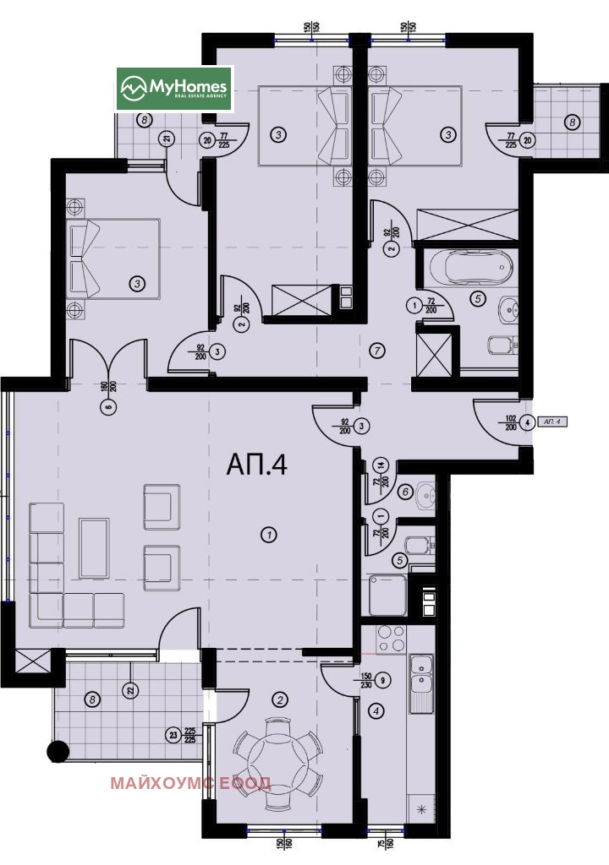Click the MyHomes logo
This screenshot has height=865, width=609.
pyautogui.click(x=174, y=88)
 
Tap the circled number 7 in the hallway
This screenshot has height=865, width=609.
pyautogui.click(x=377, y=348)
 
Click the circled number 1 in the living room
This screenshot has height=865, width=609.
pyautogui.click(x=268, y=534)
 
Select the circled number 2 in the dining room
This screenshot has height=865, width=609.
pyautogui.click(x=281, y=699)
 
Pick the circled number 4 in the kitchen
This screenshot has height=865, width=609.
pyautogui.click(x=376, y=711)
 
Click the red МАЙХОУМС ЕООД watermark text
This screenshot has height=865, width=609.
pyautogui.click(x=190, y=783)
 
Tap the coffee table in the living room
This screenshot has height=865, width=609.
pyautogui.click(x=93, y=548)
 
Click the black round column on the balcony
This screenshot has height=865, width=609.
pyautogui.click(x=59, y=749)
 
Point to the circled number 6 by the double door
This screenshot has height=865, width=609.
pyautogui.click(x=107, y=406)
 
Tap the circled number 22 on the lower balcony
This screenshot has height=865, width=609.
pyautogui.click(x=129, y=690)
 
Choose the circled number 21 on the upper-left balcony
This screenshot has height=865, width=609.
pyautogui.click(x=167, y=140)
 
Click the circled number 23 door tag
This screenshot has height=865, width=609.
pyautogui.click(x=173, y=735)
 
